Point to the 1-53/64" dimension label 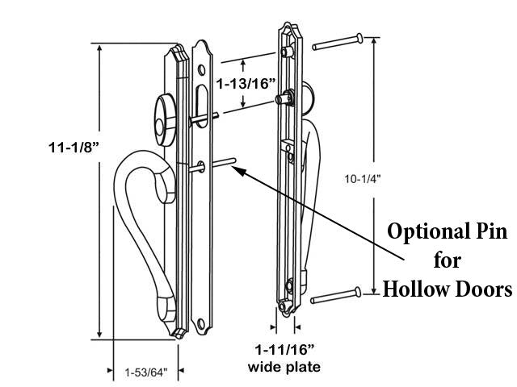tap(146, 372)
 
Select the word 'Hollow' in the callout tap(415, 288)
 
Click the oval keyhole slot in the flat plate tap(201, 105)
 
